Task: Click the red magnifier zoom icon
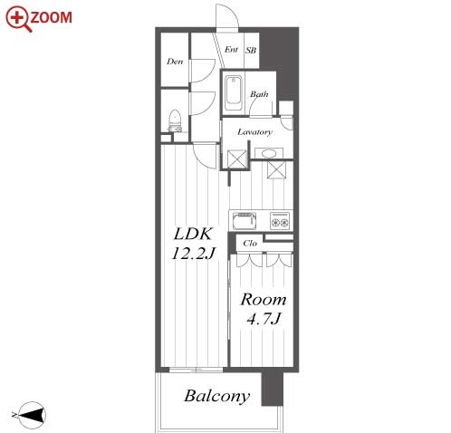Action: pos(18,19)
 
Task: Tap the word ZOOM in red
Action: pos(52,17)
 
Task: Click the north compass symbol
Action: pos(31,415)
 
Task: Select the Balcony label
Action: pos(217,397)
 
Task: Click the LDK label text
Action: pos(193,234)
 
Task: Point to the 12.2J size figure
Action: pos(194,253)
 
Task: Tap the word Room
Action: pos(264,300)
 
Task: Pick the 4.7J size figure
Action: pos(264,319)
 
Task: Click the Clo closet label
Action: pos(250,243)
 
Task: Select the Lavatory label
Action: pos(254,132)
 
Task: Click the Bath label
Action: pos(259,94)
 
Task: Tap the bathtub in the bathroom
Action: pos(234,91)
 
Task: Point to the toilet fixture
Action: pos(175,120)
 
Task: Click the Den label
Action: pos(175,62)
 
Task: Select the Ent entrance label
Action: pos(231,49)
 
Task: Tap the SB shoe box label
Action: pos(251,50)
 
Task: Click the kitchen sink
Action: pos(244,221)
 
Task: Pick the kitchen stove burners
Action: pos(280,221)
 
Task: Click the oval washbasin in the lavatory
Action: pos(269,153)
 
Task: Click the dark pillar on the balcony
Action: pos(272,389)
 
